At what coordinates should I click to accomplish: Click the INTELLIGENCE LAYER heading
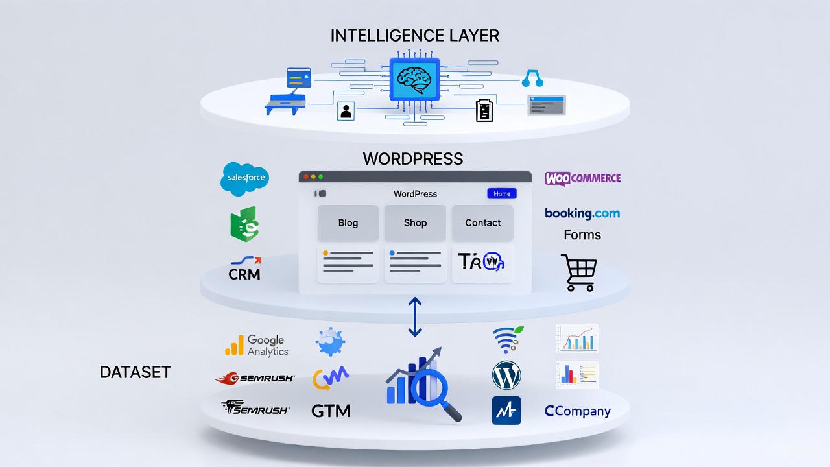point(415,36)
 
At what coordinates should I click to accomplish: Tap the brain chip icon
point(414,78)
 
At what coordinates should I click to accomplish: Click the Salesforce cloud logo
point(244,177)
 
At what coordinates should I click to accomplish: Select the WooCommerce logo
point(582,178)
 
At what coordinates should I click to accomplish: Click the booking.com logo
point(582,213)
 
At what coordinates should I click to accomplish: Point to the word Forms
point(582,235)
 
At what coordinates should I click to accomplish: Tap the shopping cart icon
point(579,272)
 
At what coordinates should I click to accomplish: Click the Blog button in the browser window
point(348,223)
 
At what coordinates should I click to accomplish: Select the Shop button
point(415,223)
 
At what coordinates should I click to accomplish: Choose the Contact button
point(482,223)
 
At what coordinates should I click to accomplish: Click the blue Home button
point(502,193)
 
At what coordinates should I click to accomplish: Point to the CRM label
point(244,274)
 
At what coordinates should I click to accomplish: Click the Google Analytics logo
point(257,345)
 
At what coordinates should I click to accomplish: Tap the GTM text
point(331,411)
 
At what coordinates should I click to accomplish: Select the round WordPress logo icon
point(506,375)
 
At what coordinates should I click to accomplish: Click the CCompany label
point(577,411)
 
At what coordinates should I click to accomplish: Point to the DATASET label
point(136,372)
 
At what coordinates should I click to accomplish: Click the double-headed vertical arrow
point(415,317)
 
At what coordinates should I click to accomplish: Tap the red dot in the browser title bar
point(305,176)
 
